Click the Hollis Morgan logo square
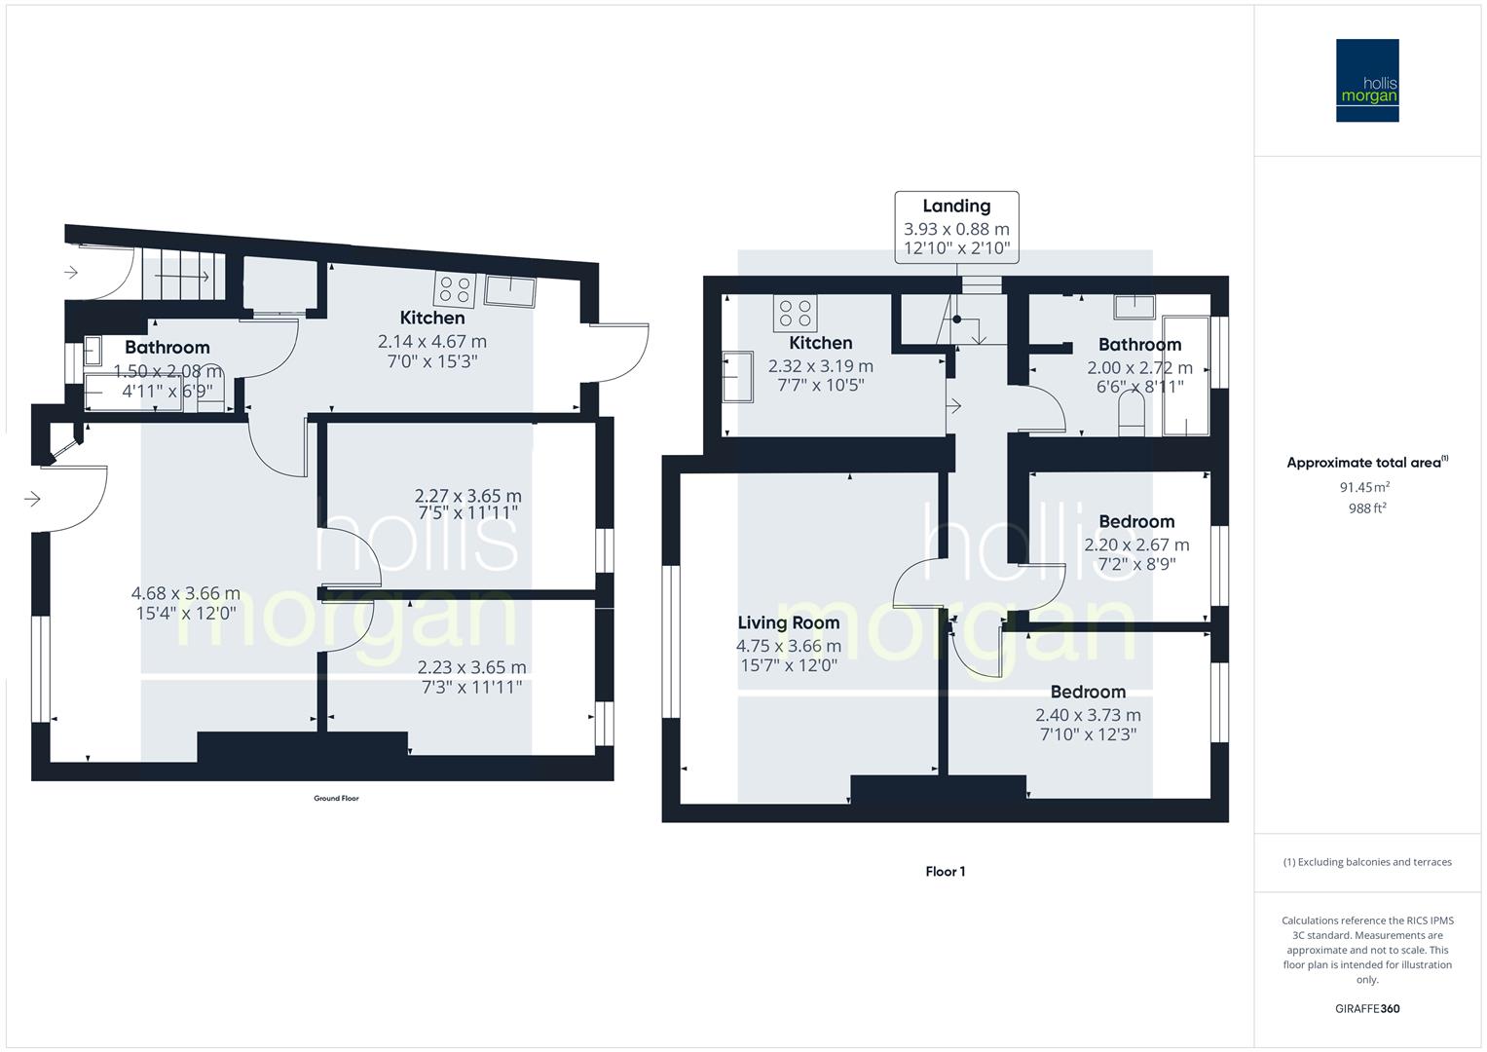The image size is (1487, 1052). point(1367,80)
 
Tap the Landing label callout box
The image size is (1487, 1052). point(956,228)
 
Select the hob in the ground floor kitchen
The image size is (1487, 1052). point(455,290)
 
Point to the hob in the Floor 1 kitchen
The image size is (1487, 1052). point(795,313)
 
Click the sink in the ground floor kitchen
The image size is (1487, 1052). point(510,290)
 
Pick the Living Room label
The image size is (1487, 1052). point(788,623)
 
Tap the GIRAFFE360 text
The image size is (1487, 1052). point(1367,1009)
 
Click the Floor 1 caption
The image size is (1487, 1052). point(945,872)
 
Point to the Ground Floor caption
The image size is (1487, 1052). point(336,799)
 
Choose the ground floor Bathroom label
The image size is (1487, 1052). point(167,348)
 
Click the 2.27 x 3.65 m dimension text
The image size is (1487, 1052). point(467,496)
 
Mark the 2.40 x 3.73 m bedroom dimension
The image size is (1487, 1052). point(1088,715)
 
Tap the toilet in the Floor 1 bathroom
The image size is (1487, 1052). point(1131,422)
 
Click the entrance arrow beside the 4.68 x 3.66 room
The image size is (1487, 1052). point(32,500)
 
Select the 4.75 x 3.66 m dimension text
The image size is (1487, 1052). point(788,646)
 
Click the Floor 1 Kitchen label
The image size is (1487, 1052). point(820,343)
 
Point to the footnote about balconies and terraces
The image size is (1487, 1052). point(1367,862)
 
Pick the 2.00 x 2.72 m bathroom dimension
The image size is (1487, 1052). point(1139,368)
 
